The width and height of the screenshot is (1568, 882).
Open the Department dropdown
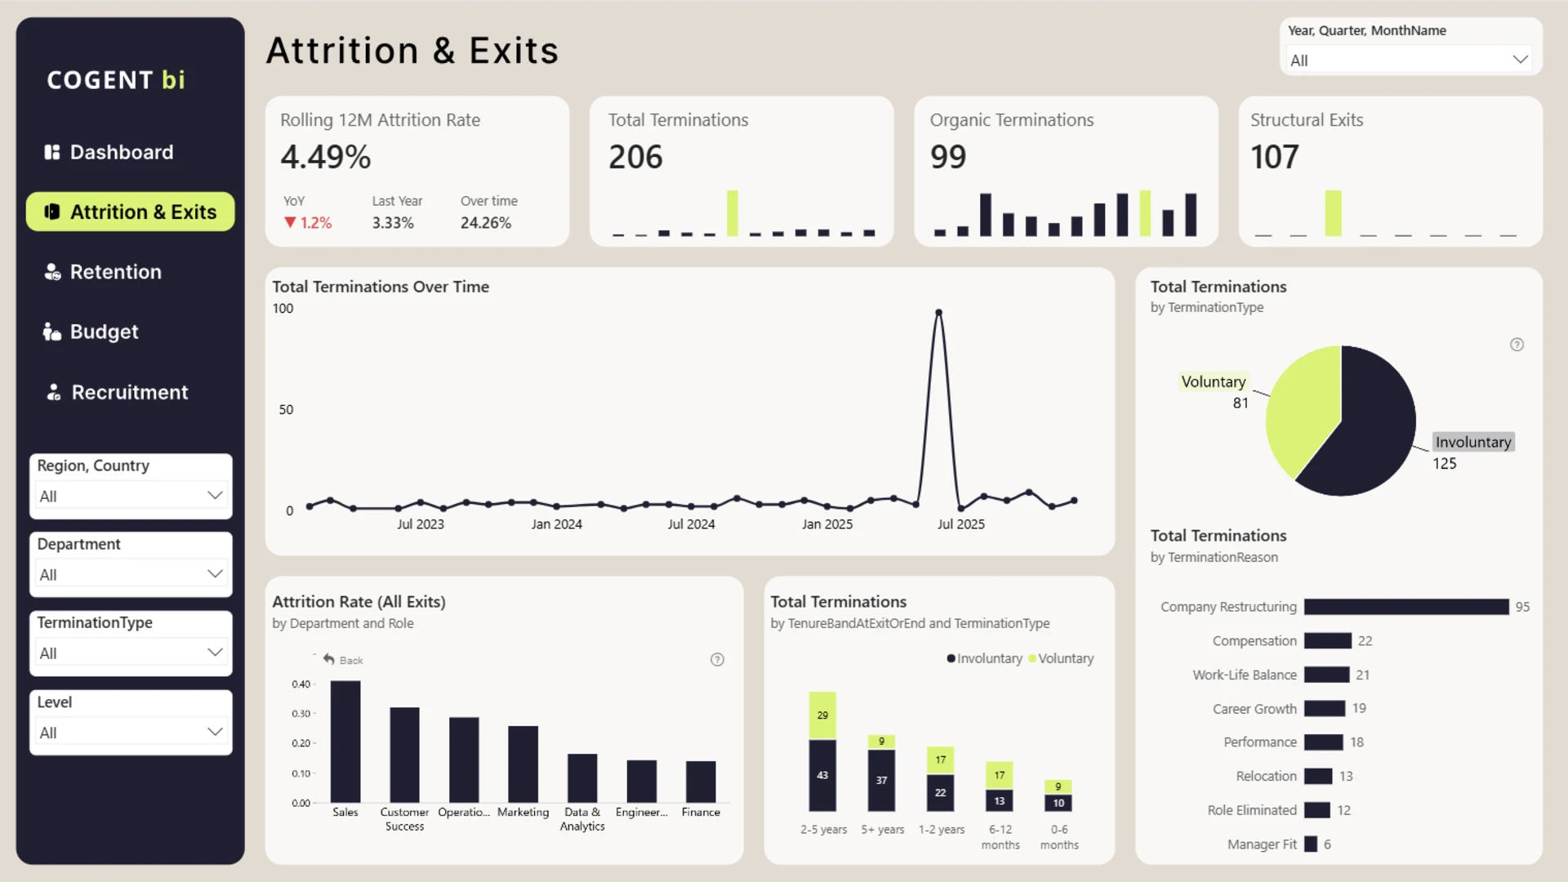coord(131,574)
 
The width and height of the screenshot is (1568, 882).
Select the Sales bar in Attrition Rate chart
coord(345,742)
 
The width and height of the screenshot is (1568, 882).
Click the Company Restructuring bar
coord(1406,607)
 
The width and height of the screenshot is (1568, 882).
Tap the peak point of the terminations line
coord(939,313)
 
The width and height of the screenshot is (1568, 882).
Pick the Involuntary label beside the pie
coord(1473,442)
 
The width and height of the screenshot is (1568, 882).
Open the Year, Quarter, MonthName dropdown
coord(1409,60)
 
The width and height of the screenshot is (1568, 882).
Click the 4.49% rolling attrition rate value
coord(326,157)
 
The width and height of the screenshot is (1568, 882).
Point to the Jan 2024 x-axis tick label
coord(557,524)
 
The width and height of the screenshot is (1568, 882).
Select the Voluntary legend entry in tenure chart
coord(1062,658)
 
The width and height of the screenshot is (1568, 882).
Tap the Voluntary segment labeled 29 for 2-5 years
coord(822,715)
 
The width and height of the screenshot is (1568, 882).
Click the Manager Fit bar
coord(1311,844)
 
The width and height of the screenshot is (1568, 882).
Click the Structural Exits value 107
coord(1275,157)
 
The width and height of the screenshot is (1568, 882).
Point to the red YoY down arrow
coord(290,222)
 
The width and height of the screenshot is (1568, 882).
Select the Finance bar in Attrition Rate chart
coord(701,782)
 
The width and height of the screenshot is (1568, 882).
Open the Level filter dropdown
coord(131,733)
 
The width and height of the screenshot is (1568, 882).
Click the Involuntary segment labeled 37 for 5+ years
coord(881,780)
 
